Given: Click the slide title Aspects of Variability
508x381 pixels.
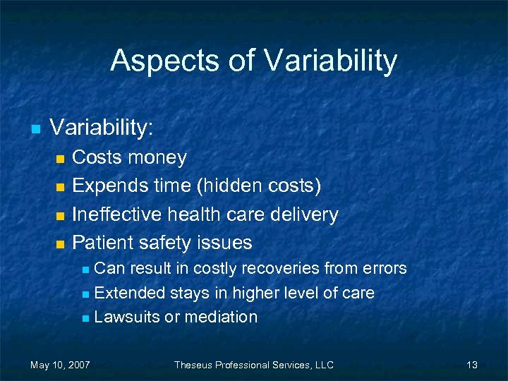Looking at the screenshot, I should click(253, 61).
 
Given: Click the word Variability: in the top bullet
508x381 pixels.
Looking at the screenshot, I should click(101, 128).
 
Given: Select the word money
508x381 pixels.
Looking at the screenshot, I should click(157, 157).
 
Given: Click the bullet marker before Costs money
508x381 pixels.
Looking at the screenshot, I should click(60, 159).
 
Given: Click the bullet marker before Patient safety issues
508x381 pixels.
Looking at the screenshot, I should click(60, 244).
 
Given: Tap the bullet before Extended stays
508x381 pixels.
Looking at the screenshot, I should click(85, 294).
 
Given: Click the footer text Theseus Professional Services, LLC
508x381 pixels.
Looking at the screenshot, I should click(254, 365).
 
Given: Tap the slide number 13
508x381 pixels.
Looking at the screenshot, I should click(472, 365).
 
